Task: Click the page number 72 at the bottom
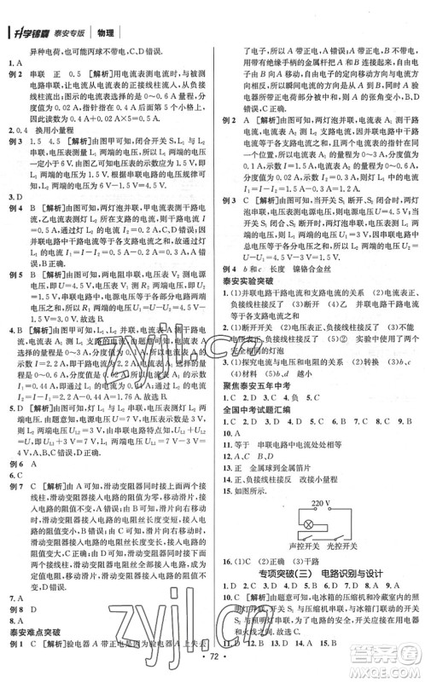point(213,662)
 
